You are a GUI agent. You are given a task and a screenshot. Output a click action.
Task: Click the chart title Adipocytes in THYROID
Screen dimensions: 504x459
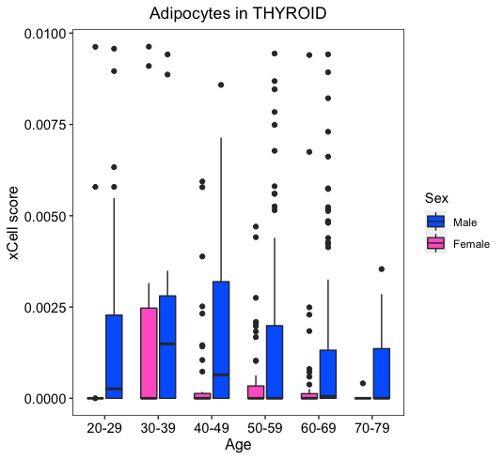pos(238,13)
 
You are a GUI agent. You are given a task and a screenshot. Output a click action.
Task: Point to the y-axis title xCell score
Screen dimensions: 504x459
pos(13,223)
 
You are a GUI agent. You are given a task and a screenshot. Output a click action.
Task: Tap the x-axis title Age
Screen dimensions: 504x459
pos(238,445)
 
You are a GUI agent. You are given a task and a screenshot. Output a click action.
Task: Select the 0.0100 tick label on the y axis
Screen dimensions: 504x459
pos(45,34)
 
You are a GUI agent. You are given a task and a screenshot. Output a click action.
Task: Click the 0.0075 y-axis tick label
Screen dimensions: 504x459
pos(45,125)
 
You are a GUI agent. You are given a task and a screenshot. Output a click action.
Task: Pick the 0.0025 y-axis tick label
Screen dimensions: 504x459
pos(45,307)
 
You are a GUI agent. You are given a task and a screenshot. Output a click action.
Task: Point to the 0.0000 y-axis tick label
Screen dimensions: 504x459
pos(45,398)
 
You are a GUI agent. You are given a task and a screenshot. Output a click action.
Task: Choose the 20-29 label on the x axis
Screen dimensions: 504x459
pos(104,428)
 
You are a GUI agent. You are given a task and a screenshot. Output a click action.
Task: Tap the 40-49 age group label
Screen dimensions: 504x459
pos(212,428)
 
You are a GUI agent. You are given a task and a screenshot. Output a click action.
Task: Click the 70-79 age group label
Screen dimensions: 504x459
pos(372,428)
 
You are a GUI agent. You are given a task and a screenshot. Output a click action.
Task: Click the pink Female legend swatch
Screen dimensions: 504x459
pos(436,243)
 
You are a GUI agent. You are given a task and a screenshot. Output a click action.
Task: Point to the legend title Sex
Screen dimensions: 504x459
pos(436,198)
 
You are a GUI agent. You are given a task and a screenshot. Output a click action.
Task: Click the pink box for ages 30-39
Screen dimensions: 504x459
pos(149,353)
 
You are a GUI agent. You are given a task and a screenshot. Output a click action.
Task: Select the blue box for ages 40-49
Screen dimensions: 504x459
pos(221,340)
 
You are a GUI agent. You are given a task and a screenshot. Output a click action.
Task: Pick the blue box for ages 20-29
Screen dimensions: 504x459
pos(114,357)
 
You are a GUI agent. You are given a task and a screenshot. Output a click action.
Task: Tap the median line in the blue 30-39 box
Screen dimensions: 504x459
pos(167,344)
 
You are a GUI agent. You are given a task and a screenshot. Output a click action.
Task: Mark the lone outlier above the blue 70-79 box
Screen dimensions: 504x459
pos(382,269)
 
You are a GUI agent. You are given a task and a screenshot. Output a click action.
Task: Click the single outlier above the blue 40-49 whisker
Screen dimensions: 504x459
pos(221,85)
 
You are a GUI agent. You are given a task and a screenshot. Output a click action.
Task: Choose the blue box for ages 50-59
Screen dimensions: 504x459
pos(275,361)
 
